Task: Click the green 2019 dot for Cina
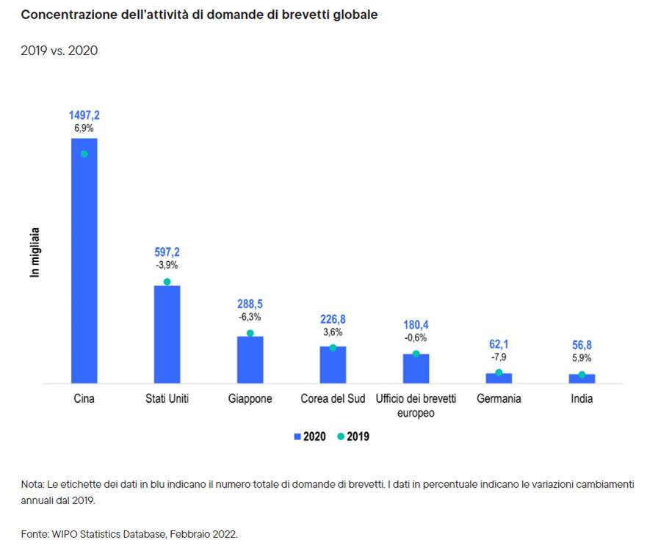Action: [84, 154]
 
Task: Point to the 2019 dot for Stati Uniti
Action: [167, 282]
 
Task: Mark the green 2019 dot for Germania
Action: [499, 373]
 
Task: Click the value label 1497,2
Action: [84, 115]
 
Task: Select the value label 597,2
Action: [167, 252]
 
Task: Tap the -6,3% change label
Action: [250, 317]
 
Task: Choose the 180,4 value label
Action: [416, 325]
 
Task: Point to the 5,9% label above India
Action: [582, 358]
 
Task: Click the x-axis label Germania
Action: [499, 399]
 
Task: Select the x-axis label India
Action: [582, 399]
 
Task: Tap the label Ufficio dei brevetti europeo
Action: [416, 406]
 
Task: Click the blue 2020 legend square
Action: [297, 436]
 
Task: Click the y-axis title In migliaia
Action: [35, 252]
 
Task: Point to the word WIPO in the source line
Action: [65, 534]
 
